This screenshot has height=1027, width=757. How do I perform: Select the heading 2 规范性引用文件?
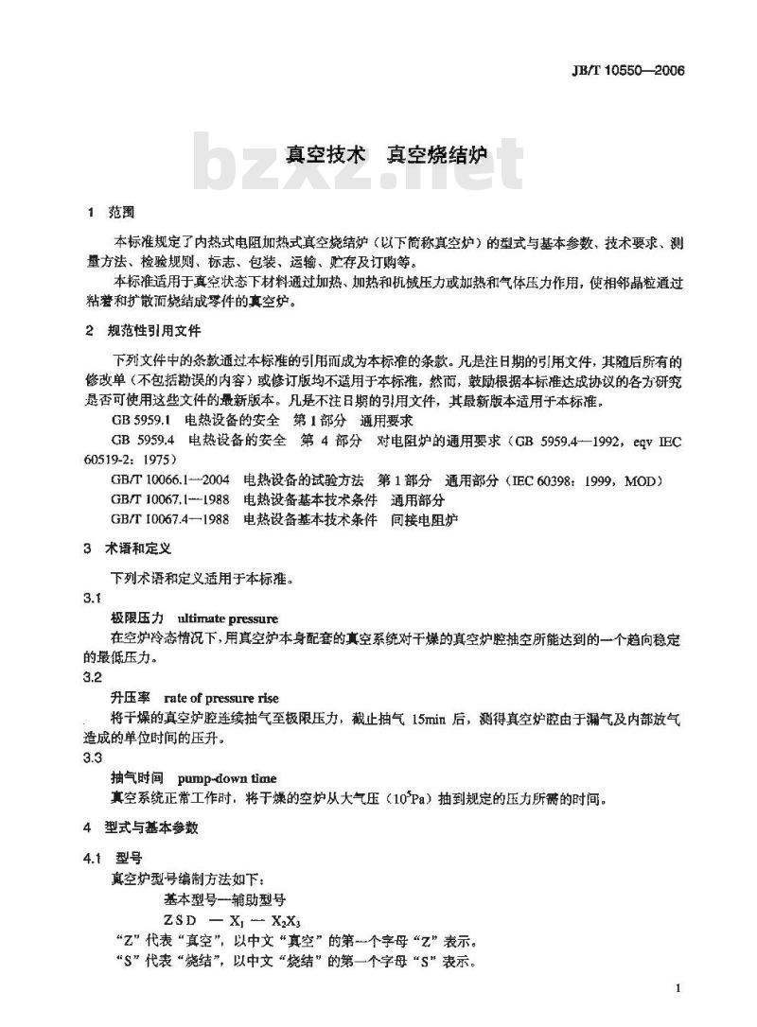click(x=142, y=331)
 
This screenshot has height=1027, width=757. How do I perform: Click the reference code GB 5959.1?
click(x=139, y=418)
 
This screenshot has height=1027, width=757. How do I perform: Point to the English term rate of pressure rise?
click(x=220, y=698)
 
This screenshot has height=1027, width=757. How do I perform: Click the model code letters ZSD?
click(x=181, y=920)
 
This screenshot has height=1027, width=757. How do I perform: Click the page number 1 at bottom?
click(x=679, y=988)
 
